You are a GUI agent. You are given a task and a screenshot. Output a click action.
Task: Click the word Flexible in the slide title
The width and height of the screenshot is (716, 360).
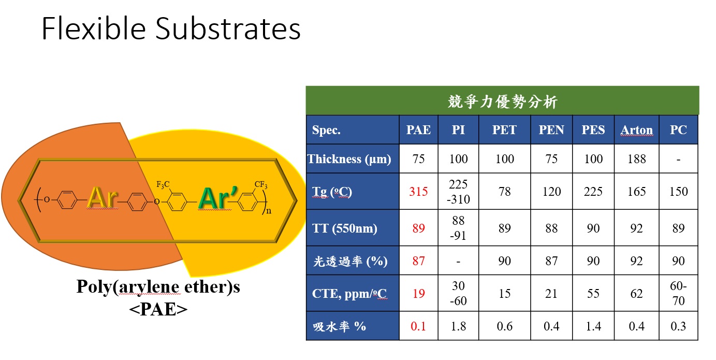[94, 29]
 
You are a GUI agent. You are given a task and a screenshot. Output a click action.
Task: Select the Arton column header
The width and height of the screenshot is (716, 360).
[636, 130]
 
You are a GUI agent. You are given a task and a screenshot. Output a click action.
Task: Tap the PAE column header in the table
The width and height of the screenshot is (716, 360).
[418, 130]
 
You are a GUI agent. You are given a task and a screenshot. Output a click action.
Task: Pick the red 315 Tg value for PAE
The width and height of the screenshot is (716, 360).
[418, 192]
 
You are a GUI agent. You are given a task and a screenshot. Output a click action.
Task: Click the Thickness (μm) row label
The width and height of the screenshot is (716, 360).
[349, 159]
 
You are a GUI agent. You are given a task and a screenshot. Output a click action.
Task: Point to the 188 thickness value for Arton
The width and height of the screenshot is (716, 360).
[636, 159]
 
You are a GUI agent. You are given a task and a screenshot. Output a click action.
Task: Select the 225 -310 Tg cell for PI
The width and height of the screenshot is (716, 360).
[458, 192]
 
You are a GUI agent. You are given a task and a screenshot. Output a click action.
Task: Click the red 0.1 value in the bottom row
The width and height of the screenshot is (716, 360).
[418, 326]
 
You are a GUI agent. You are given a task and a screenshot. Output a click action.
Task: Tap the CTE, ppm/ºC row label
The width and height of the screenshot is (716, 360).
[349, 294]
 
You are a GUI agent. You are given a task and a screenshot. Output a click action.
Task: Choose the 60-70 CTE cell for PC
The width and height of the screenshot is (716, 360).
[678, 293]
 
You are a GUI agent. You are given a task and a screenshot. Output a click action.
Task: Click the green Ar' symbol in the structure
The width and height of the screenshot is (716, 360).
[218, 198]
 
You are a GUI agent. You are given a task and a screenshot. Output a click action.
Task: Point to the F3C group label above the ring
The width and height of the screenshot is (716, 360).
[163, 184]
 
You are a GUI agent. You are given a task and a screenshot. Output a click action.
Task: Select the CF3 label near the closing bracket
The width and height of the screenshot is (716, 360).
[261, 184]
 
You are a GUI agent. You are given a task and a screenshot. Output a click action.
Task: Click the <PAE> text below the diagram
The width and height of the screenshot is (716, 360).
[158, 309]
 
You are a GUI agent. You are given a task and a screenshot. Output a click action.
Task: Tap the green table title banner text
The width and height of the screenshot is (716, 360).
[503, 102]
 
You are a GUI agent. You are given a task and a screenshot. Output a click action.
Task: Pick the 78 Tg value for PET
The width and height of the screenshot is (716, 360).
[504, 192]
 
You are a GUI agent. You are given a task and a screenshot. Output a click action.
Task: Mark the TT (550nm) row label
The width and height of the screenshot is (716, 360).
[345, 228]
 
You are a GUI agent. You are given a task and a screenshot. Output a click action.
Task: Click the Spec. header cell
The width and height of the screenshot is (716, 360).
[326, 130]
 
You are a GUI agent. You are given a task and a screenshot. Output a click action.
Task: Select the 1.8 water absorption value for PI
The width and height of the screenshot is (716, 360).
[458, 326]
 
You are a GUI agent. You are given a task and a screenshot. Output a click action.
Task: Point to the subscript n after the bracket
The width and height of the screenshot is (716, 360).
[269, 211]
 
